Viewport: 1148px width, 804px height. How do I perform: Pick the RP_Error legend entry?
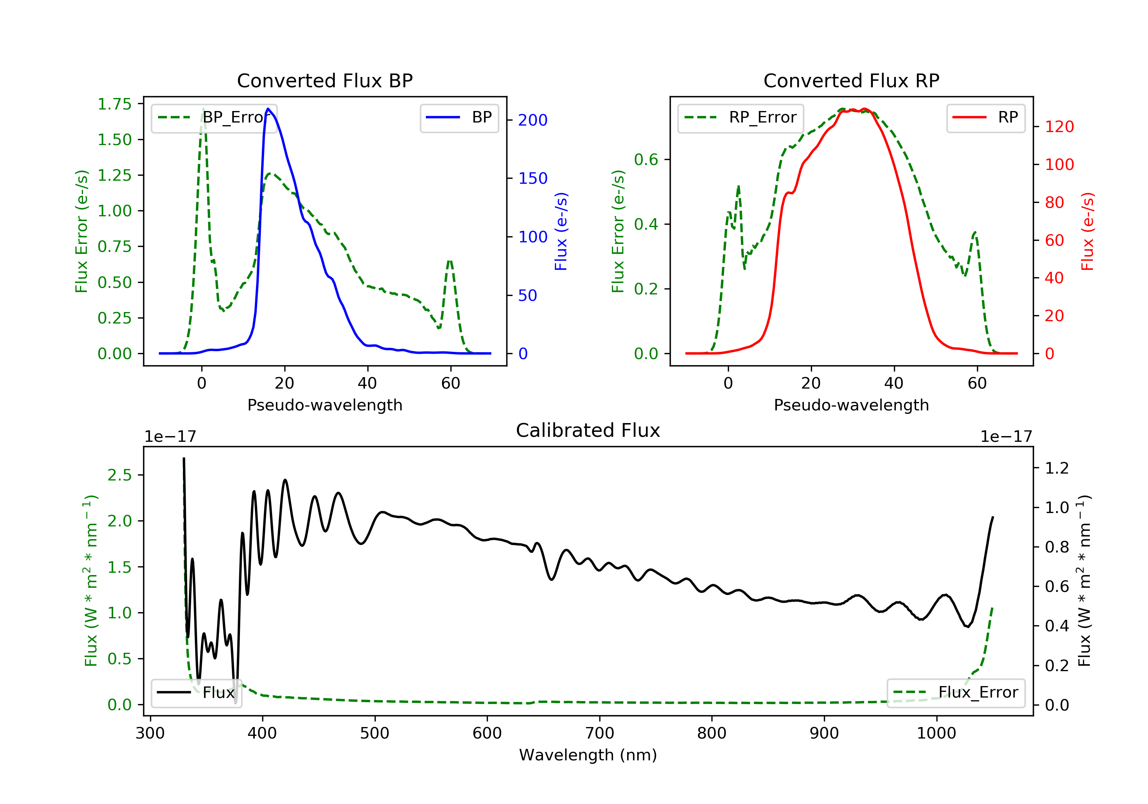741,118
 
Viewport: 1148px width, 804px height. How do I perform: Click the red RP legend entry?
985,118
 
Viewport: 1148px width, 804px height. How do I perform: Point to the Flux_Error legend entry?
956,693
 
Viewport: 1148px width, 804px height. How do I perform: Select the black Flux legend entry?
197,693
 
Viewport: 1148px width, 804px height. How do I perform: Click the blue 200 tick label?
533,120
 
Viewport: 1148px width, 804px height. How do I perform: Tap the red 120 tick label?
1059,127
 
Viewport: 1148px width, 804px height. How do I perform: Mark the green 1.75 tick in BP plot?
114,104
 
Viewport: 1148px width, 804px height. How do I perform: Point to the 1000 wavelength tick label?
936,734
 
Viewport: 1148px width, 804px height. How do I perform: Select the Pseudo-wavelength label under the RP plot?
851,405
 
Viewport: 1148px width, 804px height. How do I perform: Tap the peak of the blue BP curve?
269,109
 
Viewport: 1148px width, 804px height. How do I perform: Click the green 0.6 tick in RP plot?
646,160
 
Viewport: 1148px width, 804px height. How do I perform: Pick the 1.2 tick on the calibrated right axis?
1057,468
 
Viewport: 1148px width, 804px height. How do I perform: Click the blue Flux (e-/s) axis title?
561,232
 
